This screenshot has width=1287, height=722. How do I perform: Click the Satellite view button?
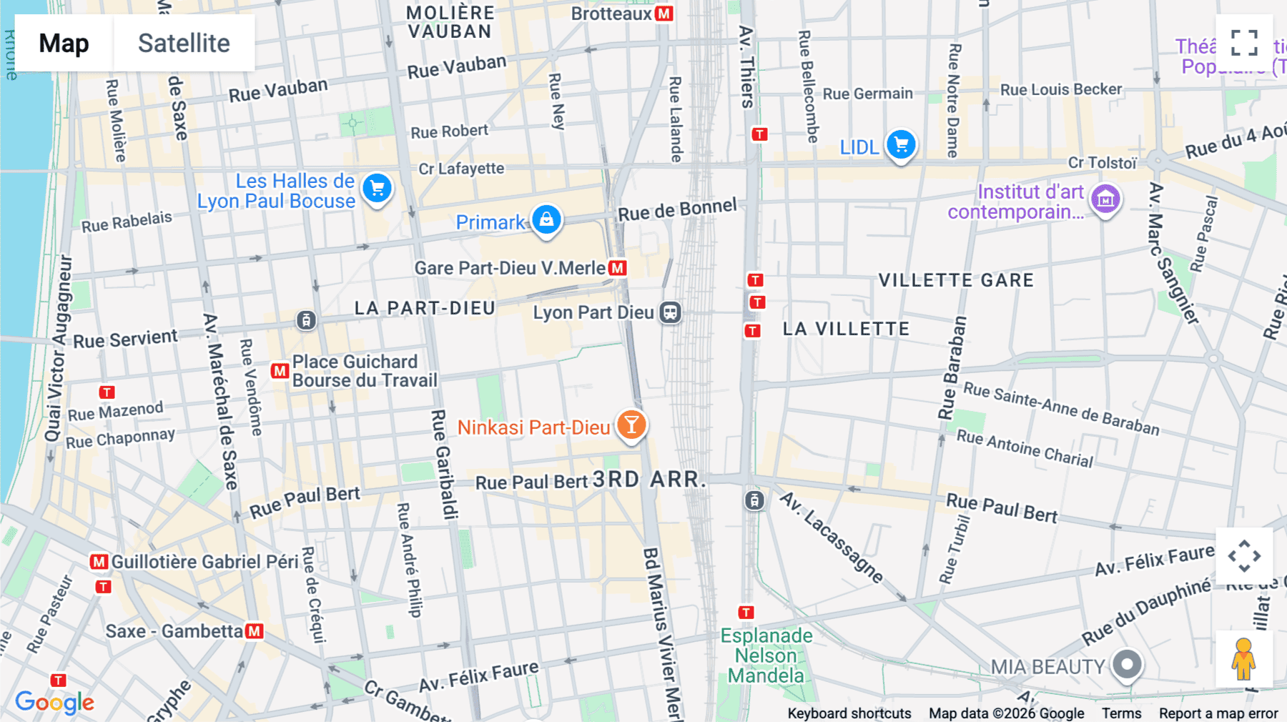click(184, 43)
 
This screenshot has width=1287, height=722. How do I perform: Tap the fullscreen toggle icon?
click(1244, 43)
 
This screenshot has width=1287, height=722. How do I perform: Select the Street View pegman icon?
click(1244, 658)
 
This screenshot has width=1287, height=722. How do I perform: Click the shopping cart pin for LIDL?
click(901, 145)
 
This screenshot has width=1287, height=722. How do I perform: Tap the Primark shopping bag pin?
click(546, 219)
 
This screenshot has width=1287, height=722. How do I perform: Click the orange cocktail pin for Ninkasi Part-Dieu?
click(631, 425)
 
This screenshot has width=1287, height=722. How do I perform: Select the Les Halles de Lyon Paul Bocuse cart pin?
click(377, 189)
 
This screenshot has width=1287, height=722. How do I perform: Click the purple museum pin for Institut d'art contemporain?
click(1105, 200)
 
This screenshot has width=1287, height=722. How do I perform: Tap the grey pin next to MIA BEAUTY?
click(1127, 665)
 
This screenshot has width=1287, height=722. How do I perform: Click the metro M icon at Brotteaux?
click(664, 14)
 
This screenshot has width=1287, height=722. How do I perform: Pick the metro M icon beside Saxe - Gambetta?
click(255, 631)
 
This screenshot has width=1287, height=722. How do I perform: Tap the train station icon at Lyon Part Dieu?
click(670, 312)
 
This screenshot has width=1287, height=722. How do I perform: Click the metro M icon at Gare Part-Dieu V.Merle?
click(618, 268)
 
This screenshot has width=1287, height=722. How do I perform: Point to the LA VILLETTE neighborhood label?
click(846, 329)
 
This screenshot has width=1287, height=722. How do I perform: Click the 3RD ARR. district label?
click(649, 480)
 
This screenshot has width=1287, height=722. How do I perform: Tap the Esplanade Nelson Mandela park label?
click(766, 656)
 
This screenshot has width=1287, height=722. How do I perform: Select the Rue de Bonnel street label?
click(677, 209)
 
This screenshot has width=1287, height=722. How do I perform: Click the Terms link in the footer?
click(1121, 713)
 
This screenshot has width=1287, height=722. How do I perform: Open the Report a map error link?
click(1218, 713)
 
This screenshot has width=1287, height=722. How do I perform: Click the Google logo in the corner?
click(54, 702)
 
